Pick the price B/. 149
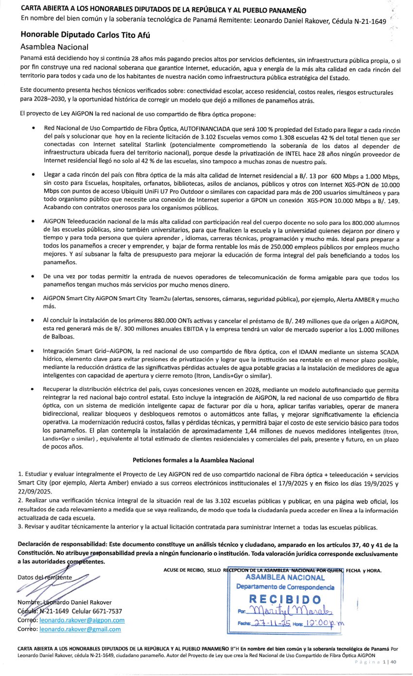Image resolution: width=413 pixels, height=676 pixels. (391, 200)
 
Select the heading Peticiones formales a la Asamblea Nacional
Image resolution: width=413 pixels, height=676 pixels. (193, 460)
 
